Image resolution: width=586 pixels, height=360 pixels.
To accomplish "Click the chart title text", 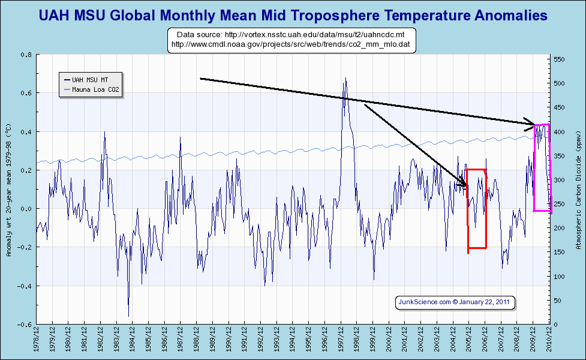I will pos(293,15).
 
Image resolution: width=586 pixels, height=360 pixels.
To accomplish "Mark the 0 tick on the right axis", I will pos(556,325).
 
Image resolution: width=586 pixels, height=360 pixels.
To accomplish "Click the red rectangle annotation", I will pos(477,208).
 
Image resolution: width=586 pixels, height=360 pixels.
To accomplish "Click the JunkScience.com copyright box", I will pos(455,302).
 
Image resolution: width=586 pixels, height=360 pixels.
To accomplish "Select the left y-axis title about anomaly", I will pos(8,190).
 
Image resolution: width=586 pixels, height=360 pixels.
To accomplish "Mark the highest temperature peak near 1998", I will pos(345,77).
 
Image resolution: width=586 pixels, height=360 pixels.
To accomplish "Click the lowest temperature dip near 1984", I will pos(128,316).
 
